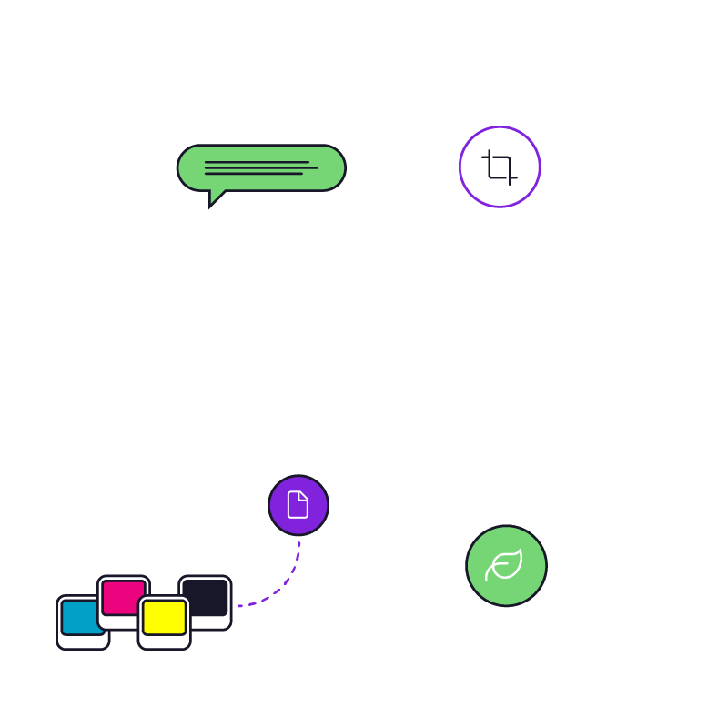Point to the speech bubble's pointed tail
pyautogui.click(x=215, y=198)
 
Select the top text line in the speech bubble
pyautogui.click(x=257, y=162)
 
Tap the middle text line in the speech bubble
pyautogui.click(x=261, y=167)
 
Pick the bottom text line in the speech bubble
pyautogui.click(x=253, y=173)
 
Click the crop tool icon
pyautogui.click(x=500, y=167)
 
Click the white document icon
pyautogui.click(x=298, y=505)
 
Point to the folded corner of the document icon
pyautogui.click(x=304, y=496)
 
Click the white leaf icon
pyautogui.click(x=506, y=564)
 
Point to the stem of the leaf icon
pyautogui.click(x=489, y=575)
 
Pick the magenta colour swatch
pyautogui.click(x=123, y=597)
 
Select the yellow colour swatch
pyautogui.click(x=165, y=617)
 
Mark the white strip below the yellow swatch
pyautogui.click(x=165, y=642)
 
